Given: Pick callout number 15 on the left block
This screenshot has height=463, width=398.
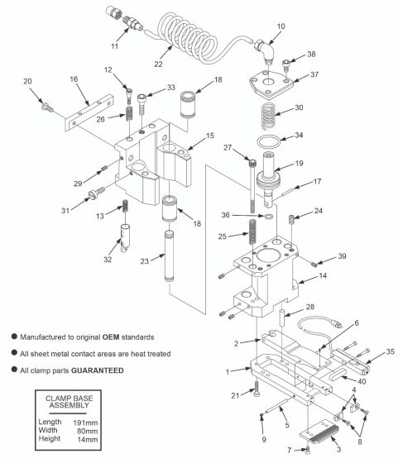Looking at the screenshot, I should coord(209,135).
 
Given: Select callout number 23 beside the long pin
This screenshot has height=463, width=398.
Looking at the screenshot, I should coord(144,260).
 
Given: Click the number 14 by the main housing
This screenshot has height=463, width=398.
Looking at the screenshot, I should coord(323,276).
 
